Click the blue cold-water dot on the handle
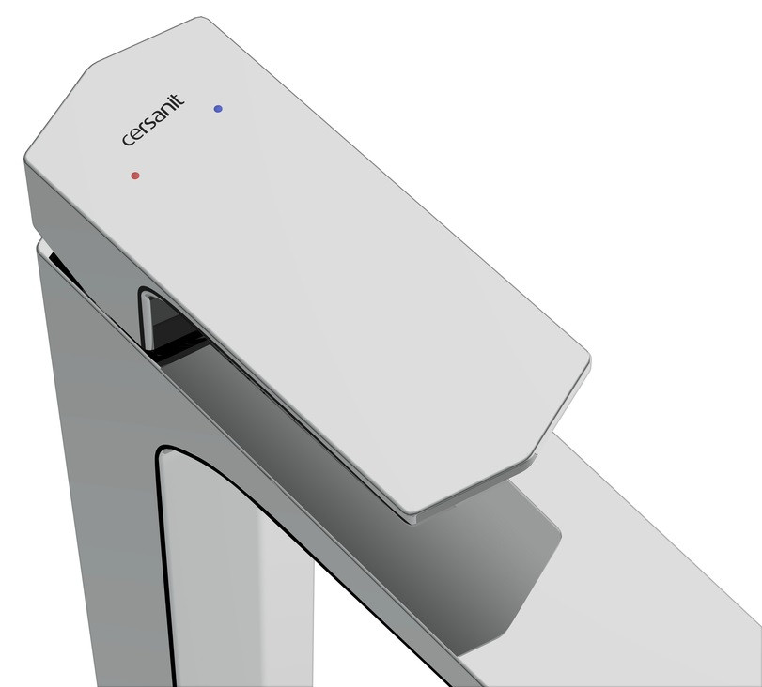click(218, 109)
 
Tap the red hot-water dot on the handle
click(135, 176)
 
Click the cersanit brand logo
click(153, 120)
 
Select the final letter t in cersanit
click(179, 100)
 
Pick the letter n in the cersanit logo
click(165, 110)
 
